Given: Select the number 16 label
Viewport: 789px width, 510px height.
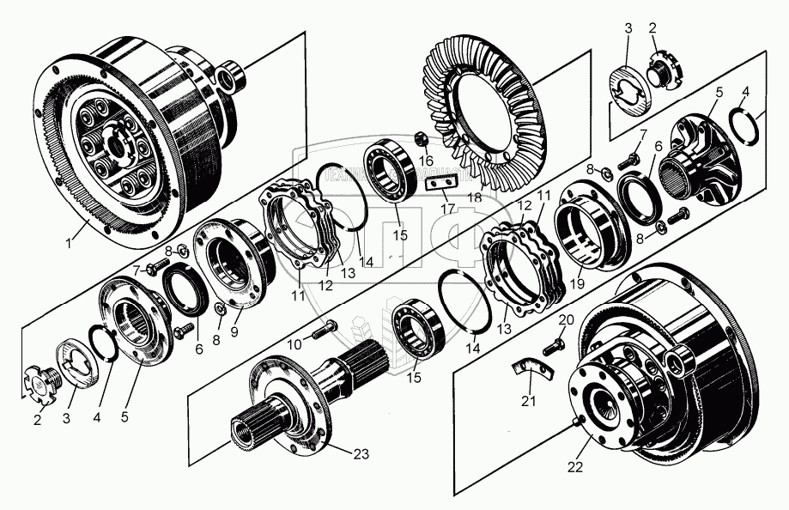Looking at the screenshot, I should (427, 160).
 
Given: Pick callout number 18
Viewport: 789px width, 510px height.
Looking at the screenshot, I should (473, 197).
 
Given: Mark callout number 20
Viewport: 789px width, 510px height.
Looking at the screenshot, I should (563, 319).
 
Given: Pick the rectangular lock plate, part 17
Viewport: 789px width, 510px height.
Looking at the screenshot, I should (441, 181).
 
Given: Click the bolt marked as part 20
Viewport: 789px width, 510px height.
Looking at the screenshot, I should (552, 346).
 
